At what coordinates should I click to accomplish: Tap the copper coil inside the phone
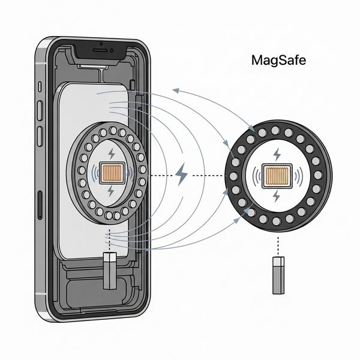[x=110, y=173]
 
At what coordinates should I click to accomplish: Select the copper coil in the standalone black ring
[x=277, y=175]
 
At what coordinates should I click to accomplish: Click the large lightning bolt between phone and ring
[x=181, y=175]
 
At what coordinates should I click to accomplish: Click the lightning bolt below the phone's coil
[x=111, y=191]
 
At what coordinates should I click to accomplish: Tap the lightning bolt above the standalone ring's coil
[x=277, y=155]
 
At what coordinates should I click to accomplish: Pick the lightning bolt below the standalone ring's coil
[x=277, y=197]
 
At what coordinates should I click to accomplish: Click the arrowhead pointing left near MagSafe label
[x=175, y=90]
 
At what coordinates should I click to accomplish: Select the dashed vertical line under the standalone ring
[x=278, y=244]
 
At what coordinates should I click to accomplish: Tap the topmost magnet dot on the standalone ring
[x=276, y=130]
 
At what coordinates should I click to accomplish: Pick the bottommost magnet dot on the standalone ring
[x=277, y=221]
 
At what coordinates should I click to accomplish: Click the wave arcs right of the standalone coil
[x=301, y=175]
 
